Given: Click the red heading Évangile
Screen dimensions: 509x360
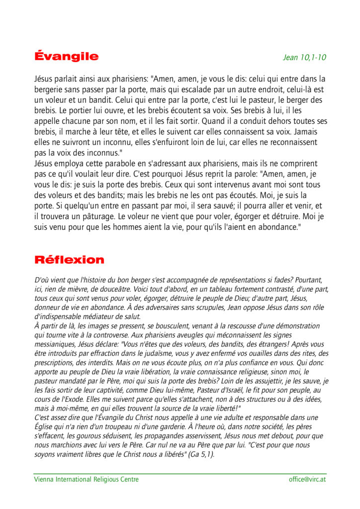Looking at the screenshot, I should click(66, 56).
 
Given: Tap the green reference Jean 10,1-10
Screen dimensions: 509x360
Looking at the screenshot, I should click(304, 57).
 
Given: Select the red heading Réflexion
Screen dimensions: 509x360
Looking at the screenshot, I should click(69, 259).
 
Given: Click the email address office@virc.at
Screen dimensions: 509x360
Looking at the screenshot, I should click(307, 479).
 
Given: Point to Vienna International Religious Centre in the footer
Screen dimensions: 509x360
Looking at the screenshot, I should click(86, 479).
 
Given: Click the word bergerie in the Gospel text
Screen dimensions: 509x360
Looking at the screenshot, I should click(50, 89).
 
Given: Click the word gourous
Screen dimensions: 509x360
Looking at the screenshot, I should click(87, 435).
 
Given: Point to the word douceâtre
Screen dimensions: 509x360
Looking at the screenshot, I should click(138, 289).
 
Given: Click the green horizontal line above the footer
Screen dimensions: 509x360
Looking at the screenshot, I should click(180, 473).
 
